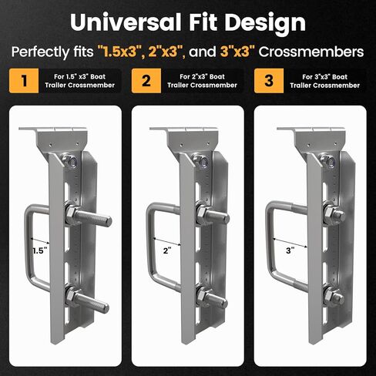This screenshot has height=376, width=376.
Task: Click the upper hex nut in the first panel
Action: [x=70, y=213]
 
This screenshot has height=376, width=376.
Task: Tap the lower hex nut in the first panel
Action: [x=70, y=295]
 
